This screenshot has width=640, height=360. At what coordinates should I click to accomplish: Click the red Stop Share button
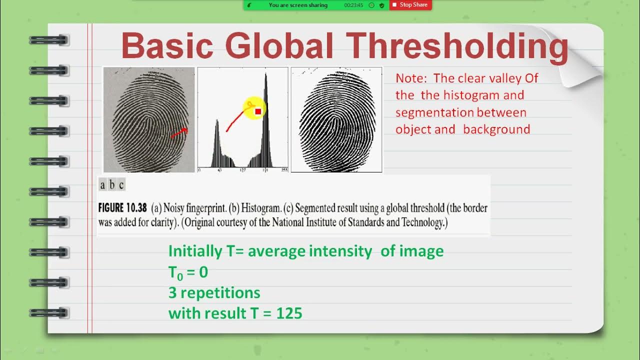[x=409, y=5]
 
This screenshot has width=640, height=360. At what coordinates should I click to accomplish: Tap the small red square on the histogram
[x=258, y=111]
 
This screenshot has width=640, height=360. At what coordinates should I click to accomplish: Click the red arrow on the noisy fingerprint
[x=179, y=133]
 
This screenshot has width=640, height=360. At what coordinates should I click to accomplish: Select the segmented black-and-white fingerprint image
[x=336, y=119]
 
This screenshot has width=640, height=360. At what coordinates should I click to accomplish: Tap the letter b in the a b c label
[x=112, y=185]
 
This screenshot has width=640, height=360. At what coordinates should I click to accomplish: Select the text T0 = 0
[x=188, y=272]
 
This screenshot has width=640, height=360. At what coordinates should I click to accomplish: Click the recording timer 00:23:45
[x=353, y=5]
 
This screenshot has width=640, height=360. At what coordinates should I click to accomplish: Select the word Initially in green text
[x=195, y=251]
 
